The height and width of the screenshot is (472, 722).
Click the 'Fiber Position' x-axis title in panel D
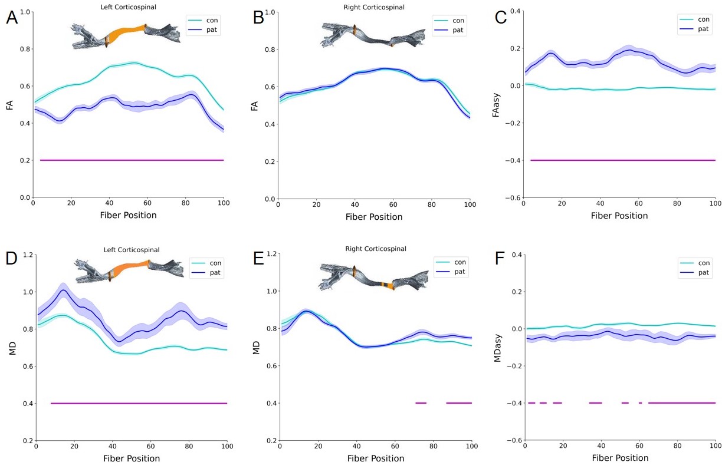point(131,458)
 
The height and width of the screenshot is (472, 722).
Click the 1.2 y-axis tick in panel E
point(270,254)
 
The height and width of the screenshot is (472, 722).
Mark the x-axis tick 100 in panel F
point(715,448)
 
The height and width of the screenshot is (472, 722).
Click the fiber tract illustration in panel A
point(125,35)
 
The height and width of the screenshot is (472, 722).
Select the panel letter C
point(501,18)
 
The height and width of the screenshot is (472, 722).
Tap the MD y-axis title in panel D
point(11,347)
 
